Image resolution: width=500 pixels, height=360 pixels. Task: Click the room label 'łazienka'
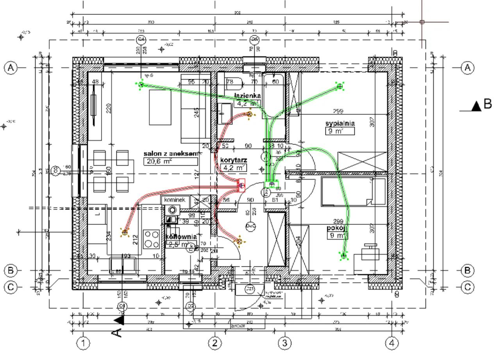(x=247, y=96)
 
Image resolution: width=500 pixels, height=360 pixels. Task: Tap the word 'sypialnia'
(x=340, y=123)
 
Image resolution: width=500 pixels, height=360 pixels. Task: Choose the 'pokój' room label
(x=337, y=228)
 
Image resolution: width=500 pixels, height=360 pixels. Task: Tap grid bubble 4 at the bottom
(x=392, y=344)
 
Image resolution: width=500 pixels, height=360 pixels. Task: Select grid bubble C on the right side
(x=467, y=287)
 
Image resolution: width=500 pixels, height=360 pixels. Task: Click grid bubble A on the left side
(x=11, y=68)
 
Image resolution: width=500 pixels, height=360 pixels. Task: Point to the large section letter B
(x=487, y=105)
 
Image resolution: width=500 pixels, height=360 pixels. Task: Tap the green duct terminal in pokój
(x=344, y=256)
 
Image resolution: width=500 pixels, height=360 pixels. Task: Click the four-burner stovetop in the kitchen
(x=152, y=239)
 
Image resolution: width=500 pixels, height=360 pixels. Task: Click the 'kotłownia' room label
(x=180, y=237)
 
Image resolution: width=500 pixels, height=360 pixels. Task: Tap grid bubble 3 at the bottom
(x=284, y=344)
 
